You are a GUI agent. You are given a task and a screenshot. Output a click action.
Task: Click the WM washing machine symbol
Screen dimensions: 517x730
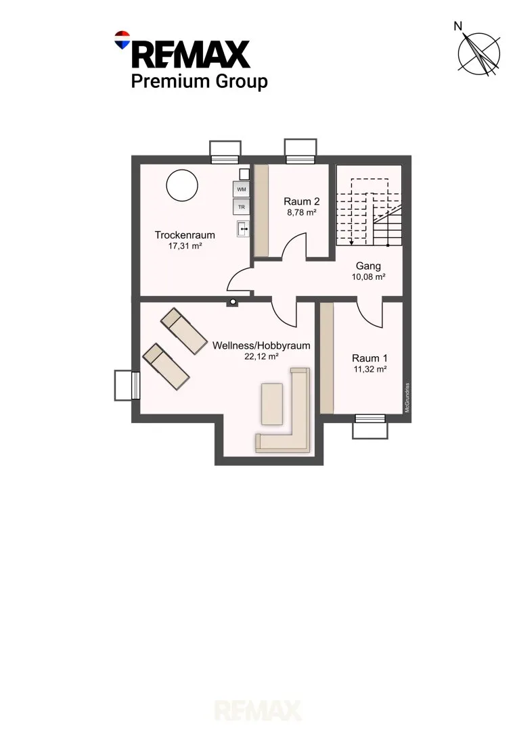[241, 189]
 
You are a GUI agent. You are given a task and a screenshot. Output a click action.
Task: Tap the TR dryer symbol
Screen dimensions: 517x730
[241, 207]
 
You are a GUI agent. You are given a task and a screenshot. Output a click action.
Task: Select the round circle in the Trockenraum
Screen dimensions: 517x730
[182, 185]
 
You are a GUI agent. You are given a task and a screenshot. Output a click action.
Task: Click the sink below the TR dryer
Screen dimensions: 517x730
[243, 228]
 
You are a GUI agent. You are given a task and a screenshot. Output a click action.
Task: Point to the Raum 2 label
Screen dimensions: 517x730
[302, 201]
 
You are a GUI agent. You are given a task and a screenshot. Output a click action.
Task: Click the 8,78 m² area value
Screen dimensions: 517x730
[302, 212]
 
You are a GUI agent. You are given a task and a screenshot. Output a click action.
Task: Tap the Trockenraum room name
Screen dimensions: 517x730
[185, 235]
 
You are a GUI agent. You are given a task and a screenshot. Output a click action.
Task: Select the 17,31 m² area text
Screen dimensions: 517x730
[185, 246]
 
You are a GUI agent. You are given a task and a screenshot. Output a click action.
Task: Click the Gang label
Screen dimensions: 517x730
[368, 266]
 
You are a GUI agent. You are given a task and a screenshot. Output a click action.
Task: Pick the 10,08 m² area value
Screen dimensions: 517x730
[368, 277]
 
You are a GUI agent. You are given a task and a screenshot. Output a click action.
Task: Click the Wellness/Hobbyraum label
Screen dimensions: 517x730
[261, 346]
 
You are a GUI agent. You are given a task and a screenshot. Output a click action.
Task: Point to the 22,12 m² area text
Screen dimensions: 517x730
[261, 357]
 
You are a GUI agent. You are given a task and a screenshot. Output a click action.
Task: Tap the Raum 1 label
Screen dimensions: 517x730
[369, 358]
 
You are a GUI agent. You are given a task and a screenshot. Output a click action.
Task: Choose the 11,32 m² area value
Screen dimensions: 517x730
[369, 369]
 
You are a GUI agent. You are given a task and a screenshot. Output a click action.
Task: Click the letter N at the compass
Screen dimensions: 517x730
[458, 26]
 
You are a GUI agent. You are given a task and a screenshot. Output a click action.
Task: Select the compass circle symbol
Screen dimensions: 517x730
[479, 53]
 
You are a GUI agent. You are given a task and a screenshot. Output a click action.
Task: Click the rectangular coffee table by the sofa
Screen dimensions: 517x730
[272, 404]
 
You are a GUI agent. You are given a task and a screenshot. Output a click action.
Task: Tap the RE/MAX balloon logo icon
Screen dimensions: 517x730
[122, 40]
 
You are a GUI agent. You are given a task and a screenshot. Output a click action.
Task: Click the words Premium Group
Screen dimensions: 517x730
[199, 82]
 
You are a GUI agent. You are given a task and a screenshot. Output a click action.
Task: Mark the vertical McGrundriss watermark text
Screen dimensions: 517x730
[407, 397]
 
